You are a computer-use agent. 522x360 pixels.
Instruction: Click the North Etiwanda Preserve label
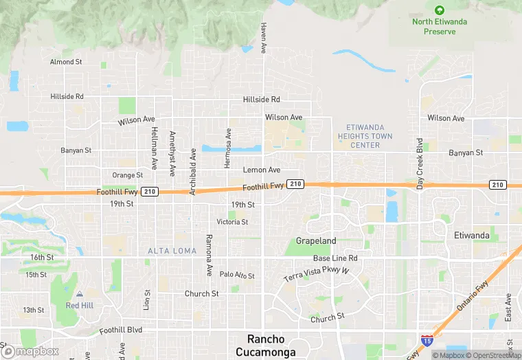coord(440,26)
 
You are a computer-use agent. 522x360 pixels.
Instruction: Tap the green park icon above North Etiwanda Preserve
coord(440,10)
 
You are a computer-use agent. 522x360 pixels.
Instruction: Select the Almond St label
coord(66,62)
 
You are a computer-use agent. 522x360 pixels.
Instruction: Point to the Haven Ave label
coord(263,38)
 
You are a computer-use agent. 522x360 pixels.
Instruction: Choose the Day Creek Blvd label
coord(419,164)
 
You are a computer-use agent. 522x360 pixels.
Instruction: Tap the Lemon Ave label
coord(262,170)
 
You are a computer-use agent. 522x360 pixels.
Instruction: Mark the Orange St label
coord(128,175)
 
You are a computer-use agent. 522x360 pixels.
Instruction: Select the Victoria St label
coord(232,222)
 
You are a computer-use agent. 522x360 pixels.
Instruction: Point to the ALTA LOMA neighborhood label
coord(172,251)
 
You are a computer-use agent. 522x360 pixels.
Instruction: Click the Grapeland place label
coord(316,241)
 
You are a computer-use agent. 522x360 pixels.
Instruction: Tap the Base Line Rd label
coord(335,258)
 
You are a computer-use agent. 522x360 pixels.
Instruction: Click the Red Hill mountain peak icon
coord(79,294)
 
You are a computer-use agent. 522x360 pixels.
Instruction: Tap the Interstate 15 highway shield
coord(427,340)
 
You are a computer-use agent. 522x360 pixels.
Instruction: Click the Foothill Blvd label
coord(120,330)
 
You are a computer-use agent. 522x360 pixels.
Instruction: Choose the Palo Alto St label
coord(237,275)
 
